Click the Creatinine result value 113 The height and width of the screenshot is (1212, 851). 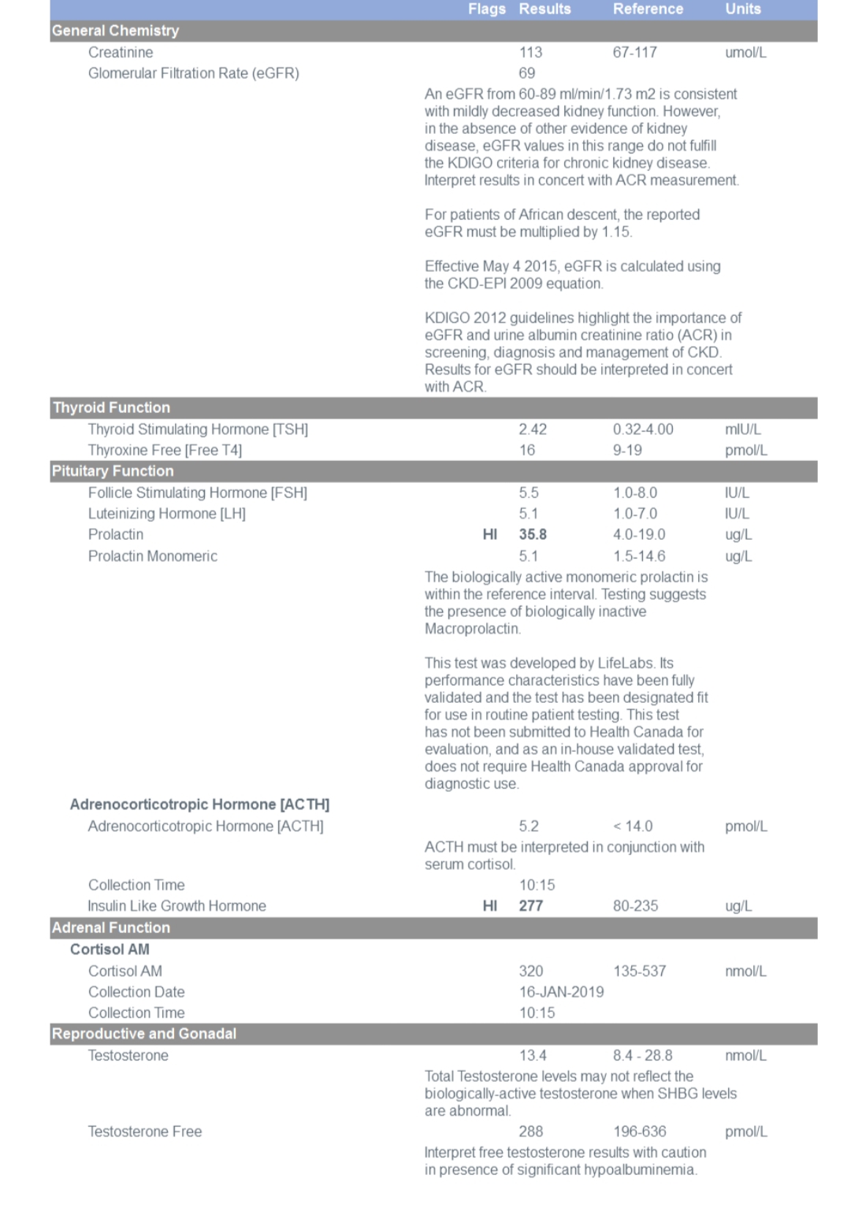[530, 52]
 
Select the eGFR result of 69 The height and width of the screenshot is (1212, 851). [527, 73]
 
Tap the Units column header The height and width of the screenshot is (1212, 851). [742, 9]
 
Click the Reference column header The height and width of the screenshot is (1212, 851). [648, 9]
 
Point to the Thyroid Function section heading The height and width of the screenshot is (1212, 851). [111, 407]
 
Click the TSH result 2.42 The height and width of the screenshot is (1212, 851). [533, 429]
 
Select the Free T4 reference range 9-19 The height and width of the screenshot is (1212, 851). [627, 450]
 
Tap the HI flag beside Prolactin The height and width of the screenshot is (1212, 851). [490, 534]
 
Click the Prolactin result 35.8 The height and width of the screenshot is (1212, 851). [533, 534]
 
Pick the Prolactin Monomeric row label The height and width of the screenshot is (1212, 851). [153, 556]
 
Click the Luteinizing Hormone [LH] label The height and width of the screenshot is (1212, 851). [167, 514]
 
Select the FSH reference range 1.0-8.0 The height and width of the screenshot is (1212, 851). [635, 493]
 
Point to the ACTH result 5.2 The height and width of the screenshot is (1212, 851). [529, 826]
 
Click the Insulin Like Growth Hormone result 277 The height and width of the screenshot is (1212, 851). [531, 905]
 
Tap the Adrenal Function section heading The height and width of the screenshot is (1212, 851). [111, 928]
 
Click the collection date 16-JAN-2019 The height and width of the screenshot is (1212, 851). [561, 991]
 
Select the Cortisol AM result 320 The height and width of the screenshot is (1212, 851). [531, 971]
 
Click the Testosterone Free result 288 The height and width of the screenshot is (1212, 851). [531, 1131]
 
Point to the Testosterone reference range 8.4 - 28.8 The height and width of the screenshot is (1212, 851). [642, 1055]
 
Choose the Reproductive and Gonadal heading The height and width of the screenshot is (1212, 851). [144, 1033]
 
